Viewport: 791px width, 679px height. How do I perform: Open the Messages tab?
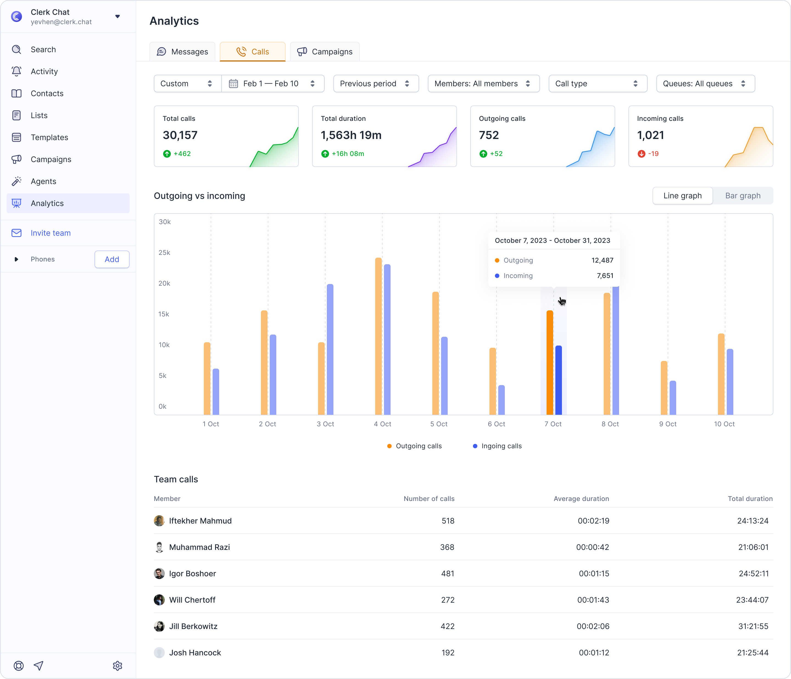(x=182, y=52)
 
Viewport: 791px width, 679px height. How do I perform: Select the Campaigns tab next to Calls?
(x=325, y=52)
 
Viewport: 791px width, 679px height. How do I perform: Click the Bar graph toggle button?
(x=742, y=196)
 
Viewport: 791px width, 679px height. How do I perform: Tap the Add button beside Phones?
(x=112, y=259)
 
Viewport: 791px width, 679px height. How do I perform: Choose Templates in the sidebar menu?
(x=49, y=138)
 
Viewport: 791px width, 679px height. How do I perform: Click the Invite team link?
(x=50, y=233)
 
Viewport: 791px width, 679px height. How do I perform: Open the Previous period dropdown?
(x=376, y=84)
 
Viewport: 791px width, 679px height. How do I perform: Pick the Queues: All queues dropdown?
(x=706, y=84)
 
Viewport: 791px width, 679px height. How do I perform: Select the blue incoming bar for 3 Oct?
(x=330, y=349)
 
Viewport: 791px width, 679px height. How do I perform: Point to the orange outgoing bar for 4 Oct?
(x=378, y=336)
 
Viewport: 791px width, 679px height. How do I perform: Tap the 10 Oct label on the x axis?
(x=724, y=424)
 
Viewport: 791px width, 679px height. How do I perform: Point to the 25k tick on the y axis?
(x=165, y=252)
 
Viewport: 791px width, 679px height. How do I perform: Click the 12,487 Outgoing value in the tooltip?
(x=602, y=260)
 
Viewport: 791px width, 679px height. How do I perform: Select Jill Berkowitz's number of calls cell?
(x=447, y=626)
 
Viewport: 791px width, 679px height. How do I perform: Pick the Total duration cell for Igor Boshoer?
(x=754, y=574)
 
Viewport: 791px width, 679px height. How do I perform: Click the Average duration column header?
(x=581, y=499)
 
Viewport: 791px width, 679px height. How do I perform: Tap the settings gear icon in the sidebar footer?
(x=118, y=666)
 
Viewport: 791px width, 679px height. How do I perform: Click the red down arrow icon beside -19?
(x=641, y=154)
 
